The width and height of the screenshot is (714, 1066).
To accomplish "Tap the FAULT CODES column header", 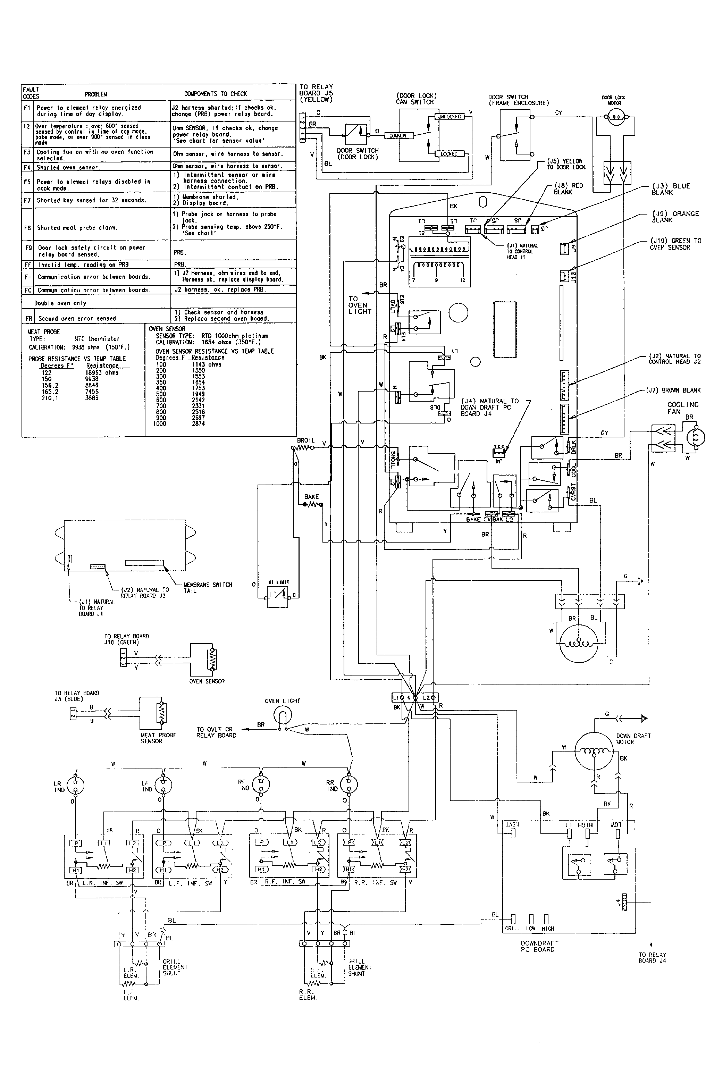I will pyautogui.click(x=31, y=93).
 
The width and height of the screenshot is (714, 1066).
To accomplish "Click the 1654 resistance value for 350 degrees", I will pyautogui.click(x=199, y=383).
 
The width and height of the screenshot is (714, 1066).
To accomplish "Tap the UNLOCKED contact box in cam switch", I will pyautogui.click(x=450, y=117).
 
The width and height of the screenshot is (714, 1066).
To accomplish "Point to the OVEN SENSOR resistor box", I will pyautogui.click(x=203, y=660).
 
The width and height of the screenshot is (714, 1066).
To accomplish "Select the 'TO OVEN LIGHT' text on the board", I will pyautogui.click(x=360, y=305).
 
